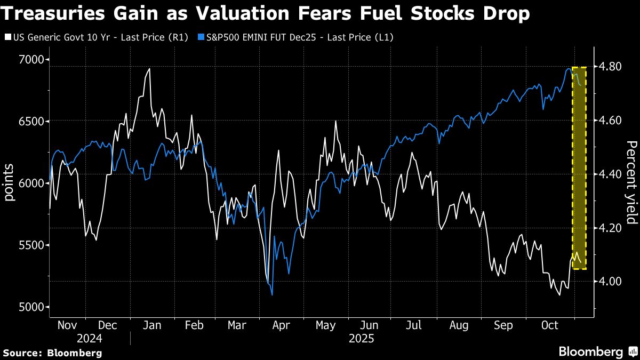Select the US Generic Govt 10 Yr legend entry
[99, 37]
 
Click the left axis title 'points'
[9, 183]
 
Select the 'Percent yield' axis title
[631, 183]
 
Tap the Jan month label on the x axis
[153, 325]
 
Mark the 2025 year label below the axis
[361, 339]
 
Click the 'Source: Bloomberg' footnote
[52, 353]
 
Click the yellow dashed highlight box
[579, 168]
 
